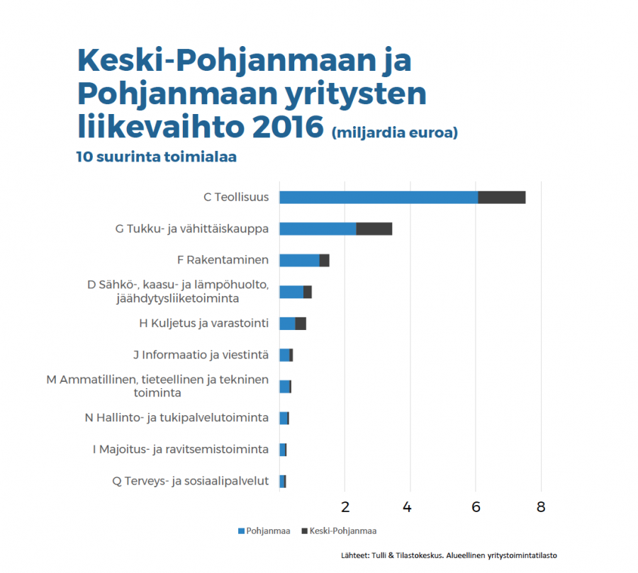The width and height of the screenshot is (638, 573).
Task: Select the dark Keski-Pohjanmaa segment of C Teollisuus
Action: pyautogui.click(x=501, y=198)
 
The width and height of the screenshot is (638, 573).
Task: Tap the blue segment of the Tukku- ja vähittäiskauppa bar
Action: pyautogui.click(x=318, y=229)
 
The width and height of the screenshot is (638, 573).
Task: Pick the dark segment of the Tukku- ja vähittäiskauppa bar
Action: pyautogui.click(x=374, y=229)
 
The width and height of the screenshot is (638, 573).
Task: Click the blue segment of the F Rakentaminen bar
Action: pyautogui.click(x=299, y=261)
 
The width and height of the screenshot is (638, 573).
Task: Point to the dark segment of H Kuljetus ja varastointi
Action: pyautogui.click(x=301, y=324)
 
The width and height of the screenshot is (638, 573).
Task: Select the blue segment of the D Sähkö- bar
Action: pyautogui.click(x=291, y=292)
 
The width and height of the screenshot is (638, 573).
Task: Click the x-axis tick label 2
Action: pyautogui.click(x=345, y=507)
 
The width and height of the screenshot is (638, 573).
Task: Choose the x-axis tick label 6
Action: pyautogui.click(x=476, y=507)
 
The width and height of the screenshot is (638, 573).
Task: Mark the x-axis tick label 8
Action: pyautogui.click(x=541, y=507)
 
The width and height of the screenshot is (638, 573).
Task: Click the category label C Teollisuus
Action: pyautogui.click(x=236, y=197)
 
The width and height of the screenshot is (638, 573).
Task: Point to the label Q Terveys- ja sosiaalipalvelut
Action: pyautogui.click(x=191, y=481)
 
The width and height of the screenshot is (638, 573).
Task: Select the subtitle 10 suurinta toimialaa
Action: pyautogui.click(x=156, y=157)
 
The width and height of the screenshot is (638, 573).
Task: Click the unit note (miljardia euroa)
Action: pyautogui.click(x=394, y=132)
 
